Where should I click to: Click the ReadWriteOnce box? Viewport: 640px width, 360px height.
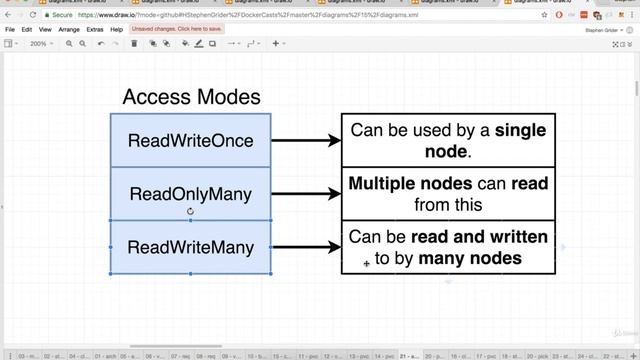click(x=190, y=140)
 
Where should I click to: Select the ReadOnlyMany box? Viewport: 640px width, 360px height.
click(x=190, y=193)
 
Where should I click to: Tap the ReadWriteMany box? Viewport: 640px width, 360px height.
click(x=190, y=247)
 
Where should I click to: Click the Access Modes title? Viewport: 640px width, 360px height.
click(x=191, y=97)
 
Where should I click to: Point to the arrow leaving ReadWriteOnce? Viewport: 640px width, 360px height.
click(x=305, y=141)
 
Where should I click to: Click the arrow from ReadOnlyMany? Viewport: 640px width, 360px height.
click(x=305, y=194)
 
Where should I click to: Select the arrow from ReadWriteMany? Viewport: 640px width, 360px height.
click(x=305, y=247)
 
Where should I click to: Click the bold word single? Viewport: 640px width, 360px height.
click(x=520, y=130)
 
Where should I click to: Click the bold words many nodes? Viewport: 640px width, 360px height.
click(x=470, y=258)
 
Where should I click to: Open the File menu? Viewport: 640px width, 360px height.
click(x=10, y=30)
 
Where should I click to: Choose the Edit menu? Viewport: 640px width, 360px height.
click(x=28, y=30)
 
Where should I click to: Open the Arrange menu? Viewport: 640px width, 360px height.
click(x=69, y=30)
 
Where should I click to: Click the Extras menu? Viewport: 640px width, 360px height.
click(x=95, y=30)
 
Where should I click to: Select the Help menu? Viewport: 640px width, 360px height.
click(x=117, y=30)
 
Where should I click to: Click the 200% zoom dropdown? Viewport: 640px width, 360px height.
click(x=40, y=44)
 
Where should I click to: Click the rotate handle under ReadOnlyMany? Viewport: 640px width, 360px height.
click(x=190, y=211)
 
